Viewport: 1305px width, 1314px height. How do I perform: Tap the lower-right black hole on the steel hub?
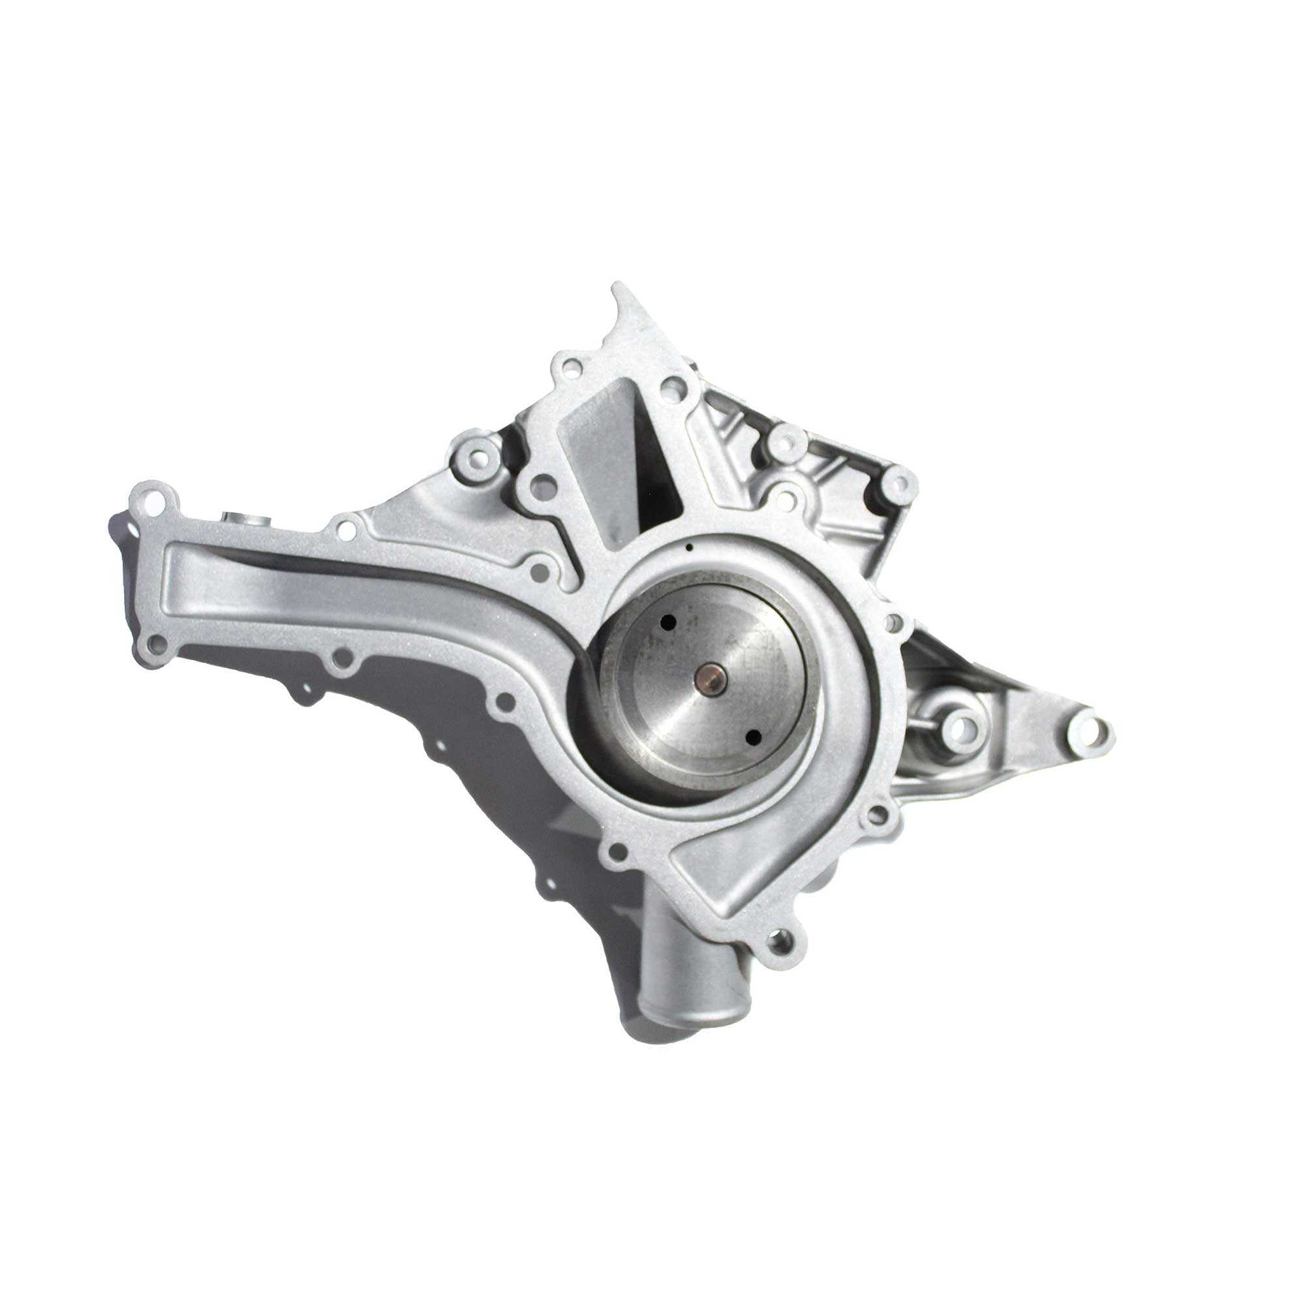(x=752, y=736)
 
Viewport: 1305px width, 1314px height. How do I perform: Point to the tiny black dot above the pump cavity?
(x=689, y=545)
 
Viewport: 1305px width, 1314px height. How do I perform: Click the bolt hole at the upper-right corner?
(x=898, y=483)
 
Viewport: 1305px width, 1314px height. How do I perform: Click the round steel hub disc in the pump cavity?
(x=711, y=680)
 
